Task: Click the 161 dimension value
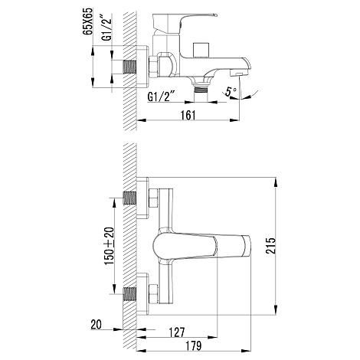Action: (x=188, y=115)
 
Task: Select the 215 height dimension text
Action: (x=271, y=246)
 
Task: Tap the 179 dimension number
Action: (x=193, y=345)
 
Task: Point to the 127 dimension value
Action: (x=177, y=332)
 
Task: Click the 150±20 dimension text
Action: (x=110, y=246)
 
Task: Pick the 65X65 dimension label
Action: (x=88, y=21)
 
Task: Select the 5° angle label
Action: (x=231, y=91)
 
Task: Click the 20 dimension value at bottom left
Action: (x=97, y=325)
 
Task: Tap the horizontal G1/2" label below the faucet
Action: (x=161, y=97)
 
